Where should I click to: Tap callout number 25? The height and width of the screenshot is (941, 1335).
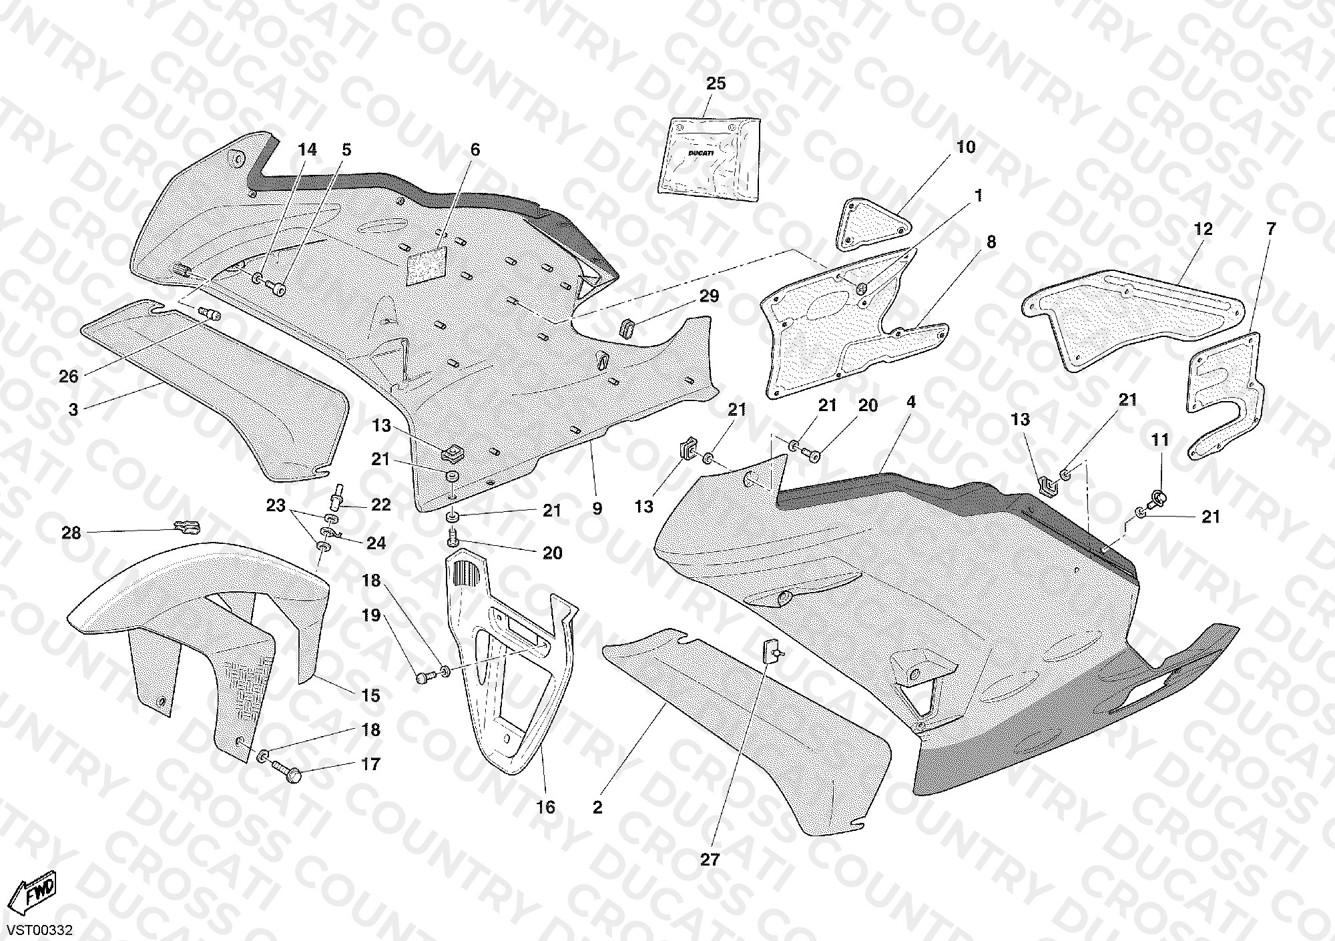(x=716, y=83)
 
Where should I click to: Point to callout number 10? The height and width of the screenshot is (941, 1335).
(x=966, y=147)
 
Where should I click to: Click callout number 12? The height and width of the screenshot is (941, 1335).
(x=1203, y=229)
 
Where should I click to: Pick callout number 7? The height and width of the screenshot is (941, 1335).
(x=1270, y=229)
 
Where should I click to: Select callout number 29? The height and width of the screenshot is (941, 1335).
(x=709, y=296)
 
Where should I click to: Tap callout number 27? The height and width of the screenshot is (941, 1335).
(x=710, y=860)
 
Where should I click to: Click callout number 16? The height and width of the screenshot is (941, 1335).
(x=545, y=808)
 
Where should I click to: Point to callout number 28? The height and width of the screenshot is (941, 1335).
(x=71, y=533)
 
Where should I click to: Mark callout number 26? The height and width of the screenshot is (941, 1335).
(x=69, y=376)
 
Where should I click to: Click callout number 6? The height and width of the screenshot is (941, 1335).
(x=475, y=149)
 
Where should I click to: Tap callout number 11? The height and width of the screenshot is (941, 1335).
(x=1160, y=440)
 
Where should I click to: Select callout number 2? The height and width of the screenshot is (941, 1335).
(x=597, y=808)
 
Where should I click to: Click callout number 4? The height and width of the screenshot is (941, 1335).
(x=911, y=402)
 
